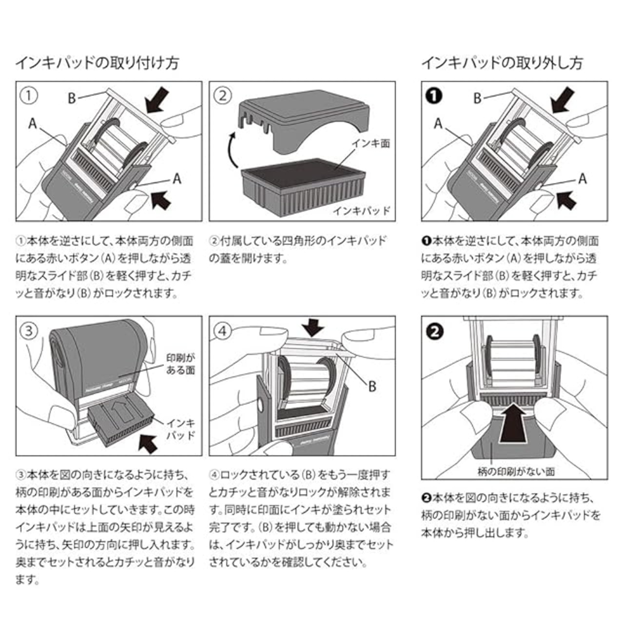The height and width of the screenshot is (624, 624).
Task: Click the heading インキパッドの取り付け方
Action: click(x=97, y=63)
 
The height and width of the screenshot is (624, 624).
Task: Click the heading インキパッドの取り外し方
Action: click(x=502, y=63)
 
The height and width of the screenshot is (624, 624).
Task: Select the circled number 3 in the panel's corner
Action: click(x=29, y=331)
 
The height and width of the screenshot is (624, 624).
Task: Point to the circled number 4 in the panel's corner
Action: click(x=223, y=331)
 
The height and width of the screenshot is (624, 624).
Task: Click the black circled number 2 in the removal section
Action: click(x=434, y=331)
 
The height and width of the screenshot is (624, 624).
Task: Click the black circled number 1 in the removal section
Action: click(x=434, y=96)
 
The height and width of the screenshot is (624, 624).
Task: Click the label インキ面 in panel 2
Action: click(x=373, y=144)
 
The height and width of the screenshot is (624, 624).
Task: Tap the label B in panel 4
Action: click(x=372, y=387)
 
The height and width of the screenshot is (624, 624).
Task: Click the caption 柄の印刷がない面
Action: click(x=515, y=471)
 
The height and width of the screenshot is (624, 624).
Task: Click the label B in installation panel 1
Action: click(x=72, y=98)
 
